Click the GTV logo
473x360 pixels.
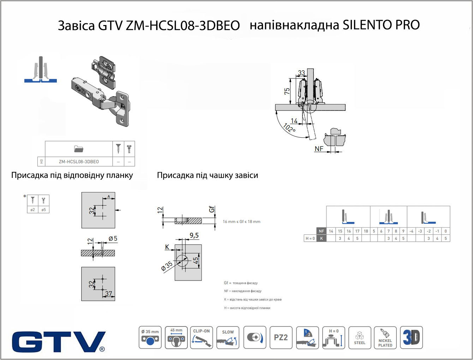59,342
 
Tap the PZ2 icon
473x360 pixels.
281,337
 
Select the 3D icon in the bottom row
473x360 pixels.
411,337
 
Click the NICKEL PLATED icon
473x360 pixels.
385,337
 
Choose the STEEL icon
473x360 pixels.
360,337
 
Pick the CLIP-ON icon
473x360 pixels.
202,337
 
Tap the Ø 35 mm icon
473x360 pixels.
150,337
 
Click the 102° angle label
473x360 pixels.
289,128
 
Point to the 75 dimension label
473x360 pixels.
287,91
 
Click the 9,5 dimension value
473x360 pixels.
194,235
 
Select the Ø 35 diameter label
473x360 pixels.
167,266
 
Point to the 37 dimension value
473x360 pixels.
109,293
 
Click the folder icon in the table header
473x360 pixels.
79,149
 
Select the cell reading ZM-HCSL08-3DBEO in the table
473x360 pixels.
79,162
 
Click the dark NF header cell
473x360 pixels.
321,231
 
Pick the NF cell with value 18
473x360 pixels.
366,231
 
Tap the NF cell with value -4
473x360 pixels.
411,231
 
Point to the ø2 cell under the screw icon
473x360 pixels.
32,210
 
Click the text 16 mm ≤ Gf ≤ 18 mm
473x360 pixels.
241,222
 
